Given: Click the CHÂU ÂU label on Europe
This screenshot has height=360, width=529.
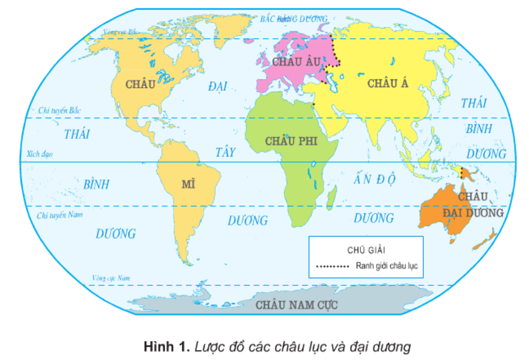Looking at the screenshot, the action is click(x=292, y=60).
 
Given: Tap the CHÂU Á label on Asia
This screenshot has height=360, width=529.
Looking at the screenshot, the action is click(x=387, y=83).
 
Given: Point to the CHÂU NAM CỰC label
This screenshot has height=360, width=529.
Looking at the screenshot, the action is click(x=297, y=305).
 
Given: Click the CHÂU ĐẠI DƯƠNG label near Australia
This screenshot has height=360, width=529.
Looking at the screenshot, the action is click(x=473, y=204).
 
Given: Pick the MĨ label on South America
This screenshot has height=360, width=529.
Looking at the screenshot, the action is click(x=188, y=184).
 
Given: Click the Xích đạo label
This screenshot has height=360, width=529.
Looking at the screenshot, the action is click(x=40, y=154).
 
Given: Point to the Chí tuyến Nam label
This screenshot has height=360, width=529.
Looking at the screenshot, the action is click(x=58, y=216).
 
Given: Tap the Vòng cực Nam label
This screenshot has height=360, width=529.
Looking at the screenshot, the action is click(x=111, y=277).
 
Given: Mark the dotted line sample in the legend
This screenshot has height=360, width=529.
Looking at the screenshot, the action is click(x=332, y=266).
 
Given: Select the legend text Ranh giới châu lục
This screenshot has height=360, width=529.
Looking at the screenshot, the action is click(x=386, y=266).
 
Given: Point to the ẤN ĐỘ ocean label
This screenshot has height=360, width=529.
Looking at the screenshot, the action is click(x=374, y=179).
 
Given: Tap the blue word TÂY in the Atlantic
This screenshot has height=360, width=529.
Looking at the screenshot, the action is click(x=225, y=152).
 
